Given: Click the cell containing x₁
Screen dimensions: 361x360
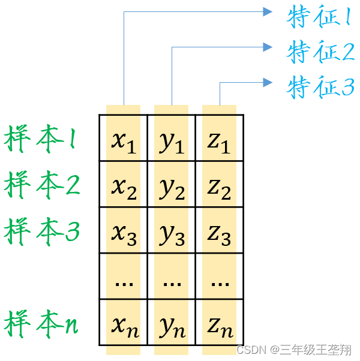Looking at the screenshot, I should tap(124, 139).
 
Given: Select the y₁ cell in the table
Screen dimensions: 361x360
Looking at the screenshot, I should tap(172, 139).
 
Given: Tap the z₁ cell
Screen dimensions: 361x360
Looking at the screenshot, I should tap(219, 139).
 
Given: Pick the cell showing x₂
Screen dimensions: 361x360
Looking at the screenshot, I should tap(124, 185).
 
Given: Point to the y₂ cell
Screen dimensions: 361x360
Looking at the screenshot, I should tap(172, 185).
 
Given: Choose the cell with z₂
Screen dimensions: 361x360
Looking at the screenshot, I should tap(219, 185).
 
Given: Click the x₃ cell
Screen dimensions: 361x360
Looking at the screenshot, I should tap(124, 231).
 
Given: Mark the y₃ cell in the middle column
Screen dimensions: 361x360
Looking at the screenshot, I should tap(172, 231).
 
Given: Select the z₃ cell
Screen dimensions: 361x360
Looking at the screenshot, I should tap(219, 231).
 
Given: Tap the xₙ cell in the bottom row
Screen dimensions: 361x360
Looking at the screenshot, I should tap(124, 324).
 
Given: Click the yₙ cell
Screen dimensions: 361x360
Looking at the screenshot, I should tap(172, 324).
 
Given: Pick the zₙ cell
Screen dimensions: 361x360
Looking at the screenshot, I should tap(219, 324).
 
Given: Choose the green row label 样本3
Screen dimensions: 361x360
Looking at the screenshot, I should tap(42, 231).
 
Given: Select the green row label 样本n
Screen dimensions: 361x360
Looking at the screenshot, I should tap(42, 324).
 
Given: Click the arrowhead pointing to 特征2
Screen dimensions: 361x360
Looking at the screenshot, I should tap(268, 47).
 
